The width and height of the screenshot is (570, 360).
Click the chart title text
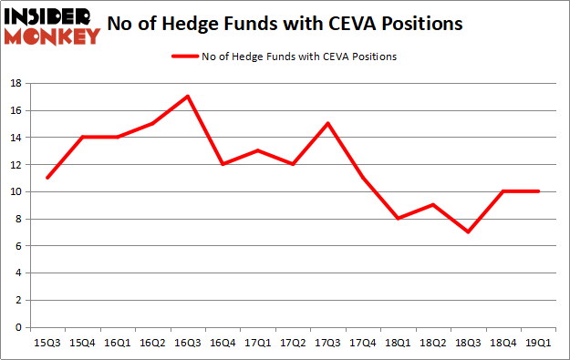(285, 23)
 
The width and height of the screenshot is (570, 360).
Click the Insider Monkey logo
(51, 25)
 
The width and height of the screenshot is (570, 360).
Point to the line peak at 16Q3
(187, 97)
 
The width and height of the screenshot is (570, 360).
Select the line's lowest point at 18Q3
(468, 231)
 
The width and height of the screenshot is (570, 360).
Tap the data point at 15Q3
(47, 178)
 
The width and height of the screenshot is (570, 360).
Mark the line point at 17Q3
(327, 124)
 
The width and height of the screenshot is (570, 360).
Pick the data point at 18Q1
(398, 219)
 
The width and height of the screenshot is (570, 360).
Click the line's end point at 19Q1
(538, 191)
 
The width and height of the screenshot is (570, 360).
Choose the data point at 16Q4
(222, 164)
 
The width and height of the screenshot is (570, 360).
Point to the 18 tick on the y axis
(16, 84)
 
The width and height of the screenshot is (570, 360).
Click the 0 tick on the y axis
(19, 327)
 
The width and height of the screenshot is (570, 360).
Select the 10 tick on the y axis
(16, 192)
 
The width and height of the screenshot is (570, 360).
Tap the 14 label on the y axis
(16, 138)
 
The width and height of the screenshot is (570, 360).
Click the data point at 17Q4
(363, 178)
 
